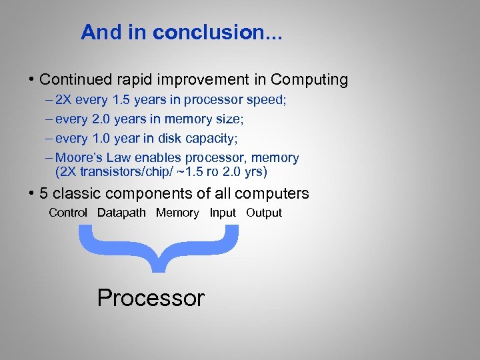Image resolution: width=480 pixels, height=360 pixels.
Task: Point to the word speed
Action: coord(269,101)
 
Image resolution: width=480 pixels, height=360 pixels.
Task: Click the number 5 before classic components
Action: coord(44,194)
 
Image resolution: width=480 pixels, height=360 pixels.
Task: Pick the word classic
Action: coord(75,194)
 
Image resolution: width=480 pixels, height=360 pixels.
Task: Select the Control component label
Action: coord(68,213)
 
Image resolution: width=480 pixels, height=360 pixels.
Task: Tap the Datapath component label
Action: coord(121,213)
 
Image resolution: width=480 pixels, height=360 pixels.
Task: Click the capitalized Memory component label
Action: coord(177,213)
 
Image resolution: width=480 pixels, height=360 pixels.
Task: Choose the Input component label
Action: coord(223,213)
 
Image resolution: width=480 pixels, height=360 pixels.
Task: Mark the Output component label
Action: coord(264,213)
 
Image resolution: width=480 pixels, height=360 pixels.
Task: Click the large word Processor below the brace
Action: coord(151,297)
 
